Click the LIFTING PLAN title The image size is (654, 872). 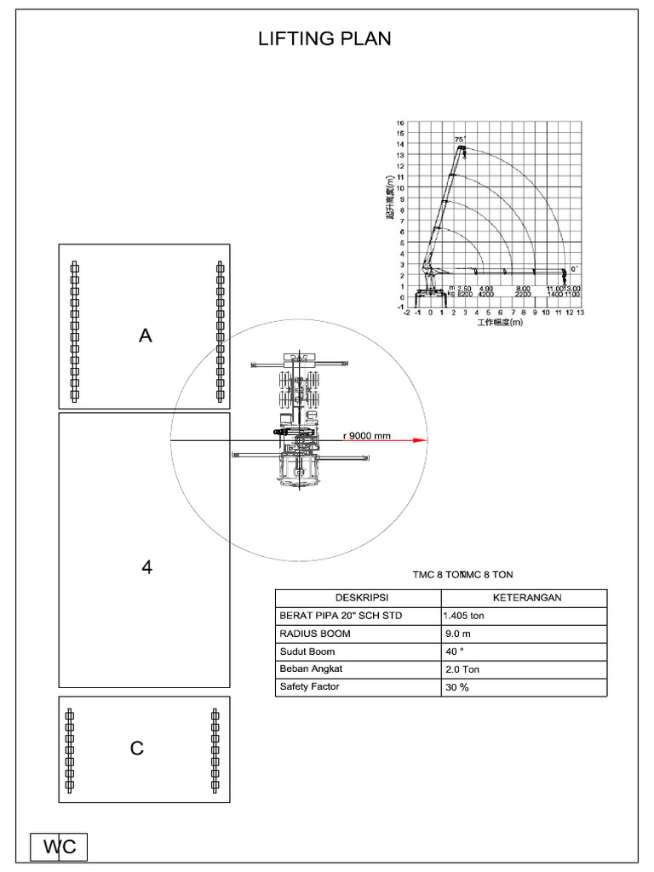tap(325, 40)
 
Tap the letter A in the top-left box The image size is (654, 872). tap(146, 336)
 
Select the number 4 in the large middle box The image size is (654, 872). tap(146, 567)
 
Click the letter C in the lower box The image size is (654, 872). tap(137, 749)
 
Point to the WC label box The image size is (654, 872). tap(60, 846)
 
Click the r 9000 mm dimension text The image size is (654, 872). tap(366, 435)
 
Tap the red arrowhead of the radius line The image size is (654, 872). tap(418, 440)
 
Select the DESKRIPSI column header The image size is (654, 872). tap(358, 598)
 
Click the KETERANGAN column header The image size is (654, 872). tap(524, 598)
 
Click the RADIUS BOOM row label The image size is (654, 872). tap(315, 634)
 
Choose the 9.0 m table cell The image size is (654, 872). tap(458, 634)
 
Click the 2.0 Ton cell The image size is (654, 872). tap(462, 670)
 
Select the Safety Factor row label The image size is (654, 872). tap(310, 687)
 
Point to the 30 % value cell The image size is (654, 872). tap(456, 688)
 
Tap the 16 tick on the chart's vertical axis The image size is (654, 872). tap(400, 123)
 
